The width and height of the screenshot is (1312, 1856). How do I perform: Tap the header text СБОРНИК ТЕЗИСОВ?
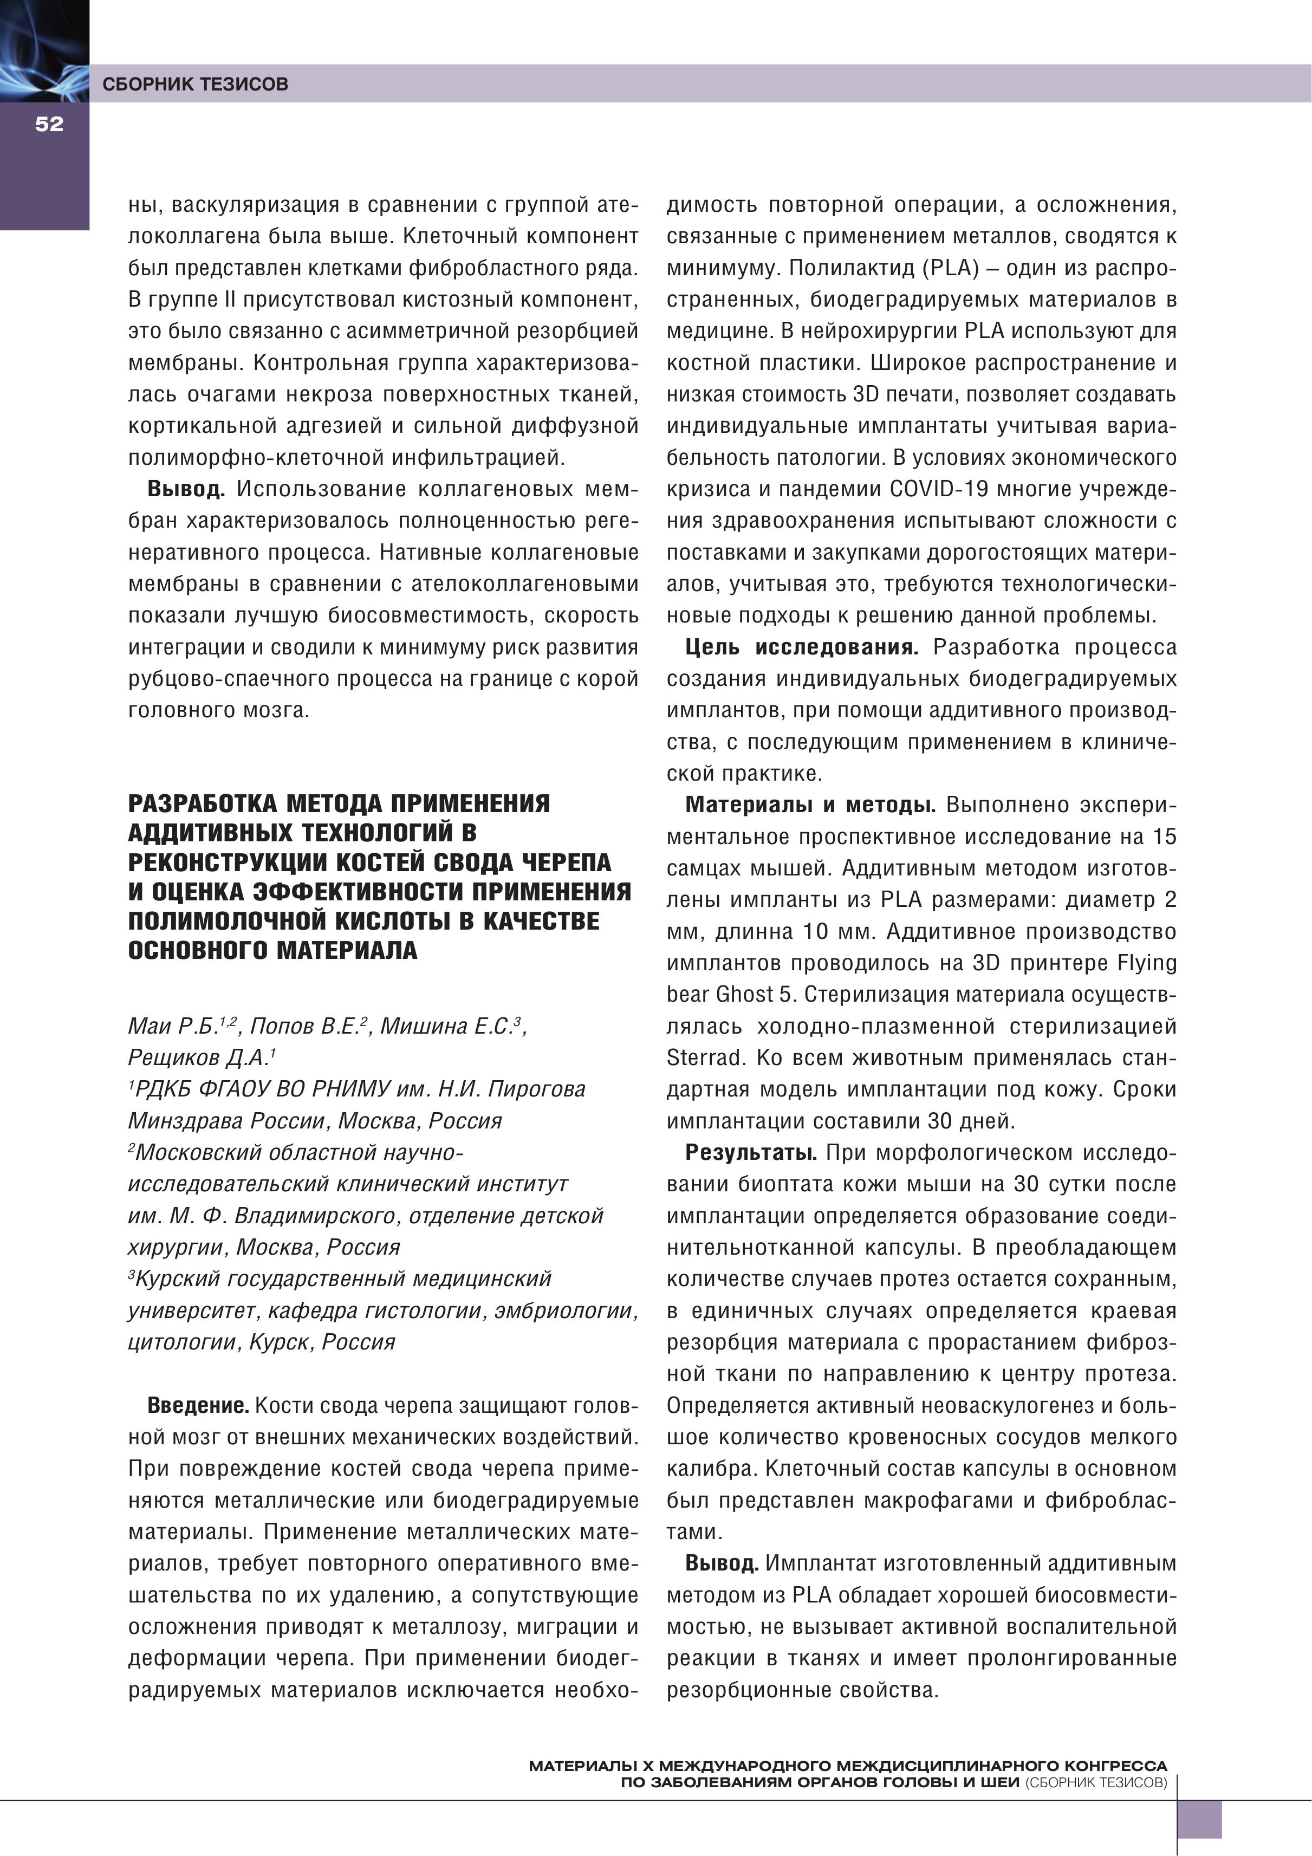pos(195,84)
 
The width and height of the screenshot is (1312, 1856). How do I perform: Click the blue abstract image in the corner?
pos(44,50)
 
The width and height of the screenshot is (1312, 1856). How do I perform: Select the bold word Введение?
pos(197,1406)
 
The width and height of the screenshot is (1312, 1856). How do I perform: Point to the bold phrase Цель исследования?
pos(801,647)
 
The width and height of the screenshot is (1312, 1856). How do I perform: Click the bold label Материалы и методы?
pos(810,805)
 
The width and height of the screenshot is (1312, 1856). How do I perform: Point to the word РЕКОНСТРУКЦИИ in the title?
pos(228,862)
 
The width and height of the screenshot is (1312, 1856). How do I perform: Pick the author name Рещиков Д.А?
pos(200,1058)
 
